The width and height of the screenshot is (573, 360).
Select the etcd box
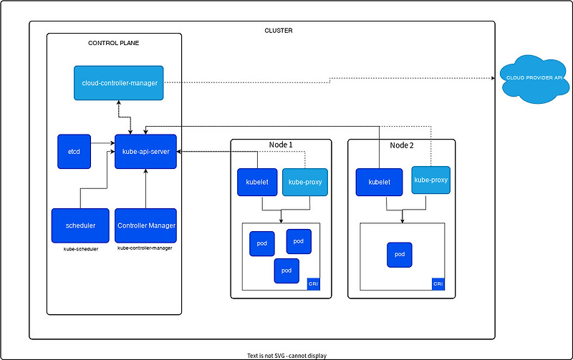pos(74,152)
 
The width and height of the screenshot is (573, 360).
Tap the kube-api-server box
pos(146,152)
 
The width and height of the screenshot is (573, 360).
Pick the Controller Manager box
pos(146,225)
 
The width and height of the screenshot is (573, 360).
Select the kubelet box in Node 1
pos(257,182)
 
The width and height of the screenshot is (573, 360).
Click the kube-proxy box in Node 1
pos(305,182)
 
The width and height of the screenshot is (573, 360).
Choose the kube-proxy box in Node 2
pos(430,180)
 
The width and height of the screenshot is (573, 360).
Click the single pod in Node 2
pos(399,255)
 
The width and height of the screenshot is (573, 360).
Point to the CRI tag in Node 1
pos(313,284)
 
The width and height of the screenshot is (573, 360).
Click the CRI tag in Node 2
pos(438,284)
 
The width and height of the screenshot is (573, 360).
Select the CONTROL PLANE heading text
pos(113,43)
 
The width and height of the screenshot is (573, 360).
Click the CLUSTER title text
pos(279,31)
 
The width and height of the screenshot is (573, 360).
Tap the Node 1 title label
pos(281,145)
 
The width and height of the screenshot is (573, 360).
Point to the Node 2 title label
pos(402,145)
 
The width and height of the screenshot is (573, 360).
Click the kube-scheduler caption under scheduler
pos(80,248)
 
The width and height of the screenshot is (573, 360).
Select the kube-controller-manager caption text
pos(145,248)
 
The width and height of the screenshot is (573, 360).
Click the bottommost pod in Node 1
pos(286,270)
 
